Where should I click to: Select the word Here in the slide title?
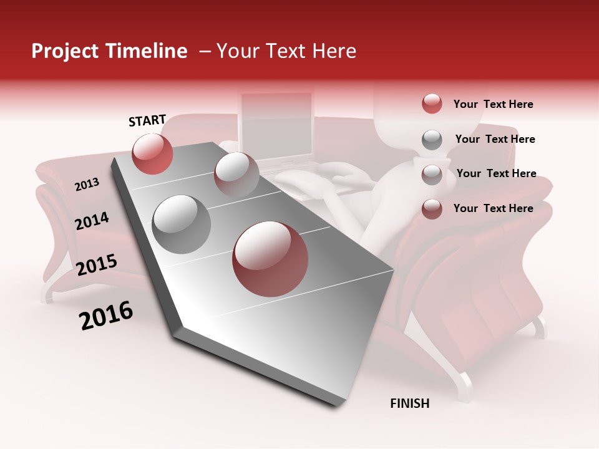(x=333, y=51)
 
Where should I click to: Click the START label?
(x=147, y=120)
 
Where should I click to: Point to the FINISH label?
(x=409, y=403)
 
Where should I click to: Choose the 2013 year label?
(x=87, y=184)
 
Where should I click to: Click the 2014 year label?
(x=92, y=221)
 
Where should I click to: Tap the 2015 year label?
(x=97, y=265)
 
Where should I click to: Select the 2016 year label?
(x=106, y=316)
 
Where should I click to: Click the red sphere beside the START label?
(x=152, y=153)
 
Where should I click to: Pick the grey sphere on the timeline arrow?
(x=182, y=224)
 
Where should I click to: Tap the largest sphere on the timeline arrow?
(x=270, y=259)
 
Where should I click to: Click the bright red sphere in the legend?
(x=432, y=104)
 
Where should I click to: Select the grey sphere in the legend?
(x=432, y=140)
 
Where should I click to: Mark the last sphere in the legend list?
(x=432, y=209)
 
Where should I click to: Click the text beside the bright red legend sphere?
(x=493, y=104)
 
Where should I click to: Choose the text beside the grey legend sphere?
(x=495, y=139)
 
